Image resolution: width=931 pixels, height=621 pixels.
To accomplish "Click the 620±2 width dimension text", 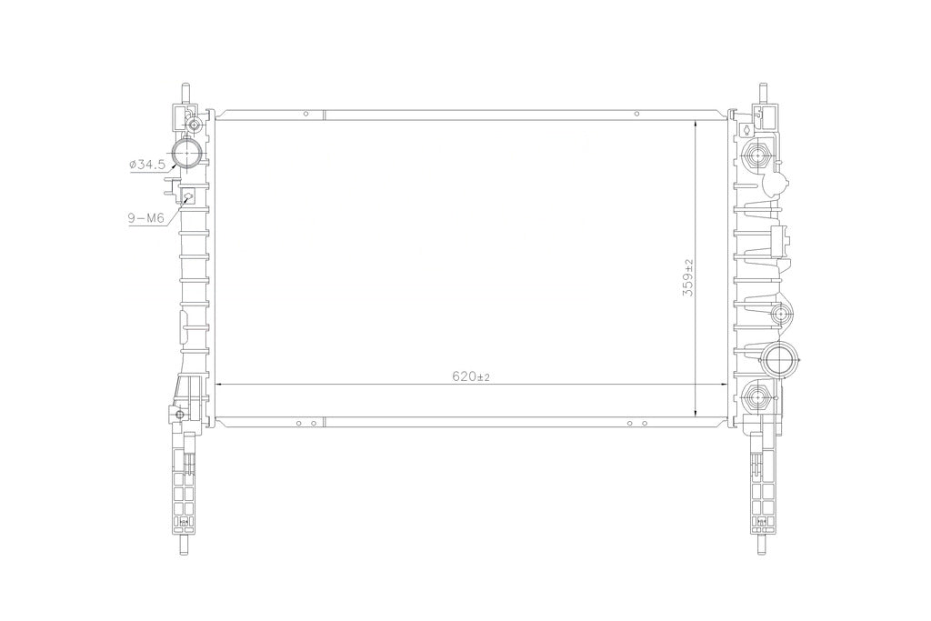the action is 470,376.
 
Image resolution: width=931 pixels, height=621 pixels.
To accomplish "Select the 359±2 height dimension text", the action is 688,277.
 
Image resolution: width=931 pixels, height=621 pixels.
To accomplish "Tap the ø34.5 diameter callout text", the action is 146,165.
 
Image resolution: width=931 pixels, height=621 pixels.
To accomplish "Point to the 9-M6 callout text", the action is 146,218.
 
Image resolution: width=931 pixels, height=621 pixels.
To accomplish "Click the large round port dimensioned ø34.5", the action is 187,153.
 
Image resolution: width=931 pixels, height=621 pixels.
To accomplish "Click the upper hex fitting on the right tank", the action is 757,156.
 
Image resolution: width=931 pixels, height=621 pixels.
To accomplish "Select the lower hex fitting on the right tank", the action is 757,396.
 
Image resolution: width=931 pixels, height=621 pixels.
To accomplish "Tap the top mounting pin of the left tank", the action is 185,94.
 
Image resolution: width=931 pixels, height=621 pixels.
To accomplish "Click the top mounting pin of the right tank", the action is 763,94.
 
